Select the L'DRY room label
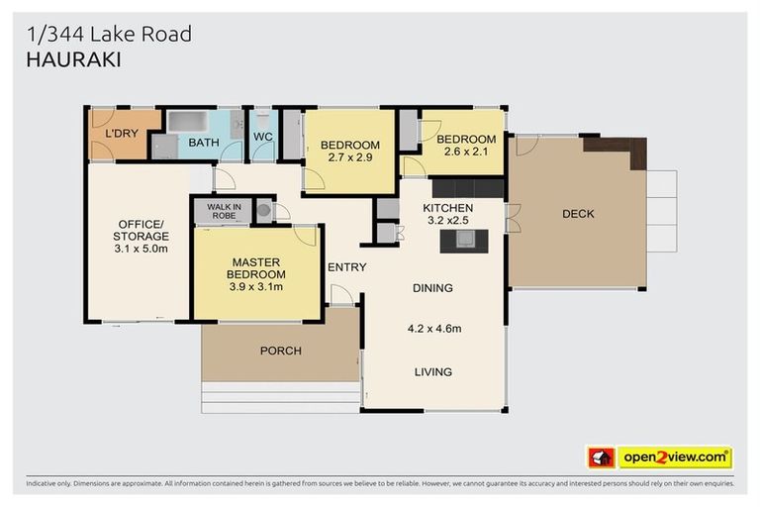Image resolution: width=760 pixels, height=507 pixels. click(122, 134)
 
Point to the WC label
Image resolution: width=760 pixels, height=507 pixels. click(262, 137)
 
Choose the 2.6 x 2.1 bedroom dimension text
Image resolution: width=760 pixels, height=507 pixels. click(466, 152)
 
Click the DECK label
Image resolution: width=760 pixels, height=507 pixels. click(578, 214)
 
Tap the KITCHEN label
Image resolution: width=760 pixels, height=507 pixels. click(448, 208)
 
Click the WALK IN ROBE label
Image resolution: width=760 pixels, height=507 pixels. click(223, 210)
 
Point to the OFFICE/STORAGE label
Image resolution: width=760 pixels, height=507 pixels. click(141, 230)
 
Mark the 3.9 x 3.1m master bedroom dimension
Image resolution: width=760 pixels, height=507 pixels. click(256, 287)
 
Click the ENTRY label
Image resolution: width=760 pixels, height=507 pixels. click(346, 267)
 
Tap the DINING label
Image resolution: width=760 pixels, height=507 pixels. click(432, 288)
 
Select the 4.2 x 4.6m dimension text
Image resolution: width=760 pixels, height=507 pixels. click(433, 328)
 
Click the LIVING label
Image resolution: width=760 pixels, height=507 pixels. click(433, 372)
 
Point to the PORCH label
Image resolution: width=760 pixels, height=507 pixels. click(280, 351)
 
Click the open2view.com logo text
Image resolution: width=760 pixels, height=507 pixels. click(675, 457)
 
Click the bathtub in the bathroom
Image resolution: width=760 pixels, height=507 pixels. click(185, 122)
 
